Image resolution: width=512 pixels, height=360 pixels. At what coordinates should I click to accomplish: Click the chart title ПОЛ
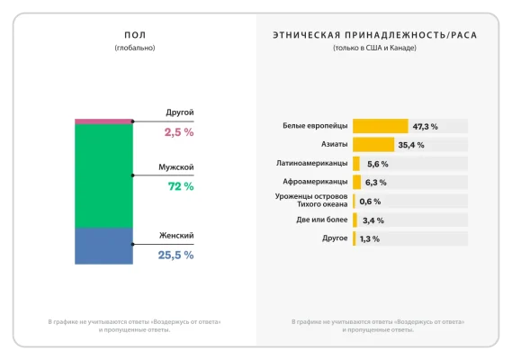click(x=135, y=35)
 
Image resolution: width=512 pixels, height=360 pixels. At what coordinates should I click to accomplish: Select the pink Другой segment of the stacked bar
click(x=103, y=121)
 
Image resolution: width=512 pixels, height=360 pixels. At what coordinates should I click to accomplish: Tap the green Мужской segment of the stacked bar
click(x=103, y=175)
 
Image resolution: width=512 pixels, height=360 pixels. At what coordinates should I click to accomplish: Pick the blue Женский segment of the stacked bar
click(x=103, y=246)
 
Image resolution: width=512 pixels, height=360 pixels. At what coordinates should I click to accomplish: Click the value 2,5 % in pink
click(x=178, y=132)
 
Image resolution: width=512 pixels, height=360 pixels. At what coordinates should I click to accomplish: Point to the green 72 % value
click(x=181, y=186)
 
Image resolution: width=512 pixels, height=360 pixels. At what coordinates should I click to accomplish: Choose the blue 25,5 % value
click(x=175, y=255)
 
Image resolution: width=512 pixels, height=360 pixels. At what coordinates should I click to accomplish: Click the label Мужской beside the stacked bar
click(x=175, y=167)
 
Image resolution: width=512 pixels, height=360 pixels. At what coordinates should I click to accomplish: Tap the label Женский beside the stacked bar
click(x=175, y=236)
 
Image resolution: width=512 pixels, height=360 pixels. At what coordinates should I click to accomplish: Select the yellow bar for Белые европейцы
click(x=380, y=126)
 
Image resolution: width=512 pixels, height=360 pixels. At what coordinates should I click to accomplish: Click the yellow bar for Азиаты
click(x=373, y=144)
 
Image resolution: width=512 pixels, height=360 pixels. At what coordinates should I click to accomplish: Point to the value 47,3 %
click(x=425, y=126)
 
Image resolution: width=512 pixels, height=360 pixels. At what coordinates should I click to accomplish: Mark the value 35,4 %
click(x=411, y=145)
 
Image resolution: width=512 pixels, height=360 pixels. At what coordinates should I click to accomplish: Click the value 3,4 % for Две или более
click(x=373, y=220)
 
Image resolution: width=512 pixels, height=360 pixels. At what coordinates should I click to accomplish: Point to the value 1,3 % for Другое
click(x=370, y=239)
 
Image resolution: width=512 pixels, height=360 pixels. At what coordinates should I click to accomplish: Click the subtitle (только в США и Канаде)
click(x=374, y=48)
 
